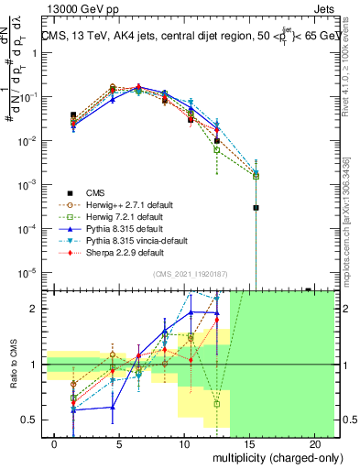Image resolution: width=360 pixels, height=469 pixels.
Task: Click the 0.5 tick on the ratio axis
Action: (30, 420)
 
